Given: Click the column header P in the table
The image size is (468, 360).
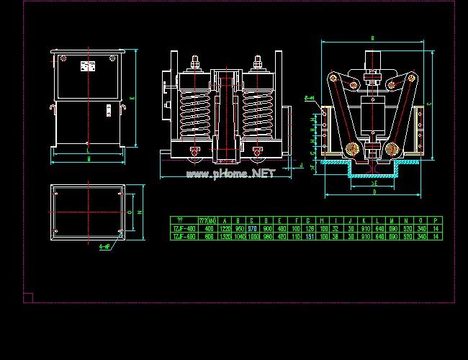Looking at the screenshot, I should click(436, 219).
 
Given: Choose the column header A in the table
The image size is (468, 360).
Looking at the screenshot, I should click(225, 219).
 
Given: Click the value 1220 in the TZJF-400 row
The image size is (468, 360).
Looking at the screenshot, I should click(225, 227).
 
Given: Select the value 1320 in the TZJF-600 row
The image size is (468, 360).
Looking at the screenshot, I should click(225, 235).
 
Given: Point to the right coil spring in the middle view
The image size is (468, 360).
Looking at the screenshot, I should click(258, 112).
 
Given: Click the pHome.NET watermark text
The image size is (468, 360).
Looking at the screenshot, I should click(230, 174).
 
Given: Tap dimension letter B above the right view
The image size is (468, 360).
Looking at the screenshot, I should click(372, 37).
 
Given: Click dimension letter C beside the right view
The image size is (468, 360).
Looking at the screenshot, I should click(430, 104).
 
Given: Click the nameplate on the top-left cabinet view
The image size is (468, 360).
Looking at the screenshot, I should click(87, 67).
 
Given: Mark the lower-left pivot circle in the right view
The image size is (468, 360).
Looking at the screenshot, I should click(352, 150).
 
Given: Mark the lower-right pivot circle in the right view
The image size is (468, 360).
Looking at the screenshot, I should click(392, 150).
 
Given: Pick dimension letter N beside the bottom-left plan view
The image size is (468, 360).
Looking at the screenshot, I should click(140, 214).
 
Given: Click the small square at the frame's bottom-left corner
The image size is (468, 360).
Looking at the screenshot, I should click(28, 297).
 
